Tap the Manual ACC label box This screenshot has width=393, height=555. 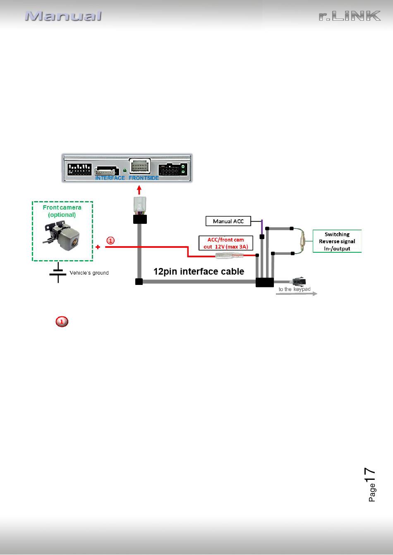228,221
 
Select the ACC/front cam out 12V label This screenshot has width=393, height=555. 226,243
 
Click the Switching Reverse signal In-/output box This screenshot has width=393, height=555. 337,241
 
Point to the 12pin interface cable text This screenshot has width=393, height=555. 199,271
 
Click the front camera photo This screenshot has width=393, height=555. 62,236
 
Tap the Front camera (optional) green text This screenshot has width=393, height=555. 62,211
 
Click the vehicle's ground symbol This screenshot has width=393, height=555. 58,273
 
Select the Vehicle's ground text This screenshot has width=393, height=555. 89,273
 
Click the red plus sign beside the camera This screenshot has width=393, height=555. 98,247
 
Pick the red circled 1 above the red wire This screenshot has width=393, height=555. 110,240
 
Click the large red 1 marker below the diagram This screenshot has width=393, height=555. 62,322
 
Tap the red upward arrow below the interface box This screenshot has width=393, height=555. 139,190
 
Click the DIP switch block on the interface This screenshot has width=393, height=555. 79,169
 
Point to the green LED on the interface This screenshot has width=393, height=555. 125,171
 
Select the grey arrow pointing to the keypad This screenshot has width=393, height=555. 297,294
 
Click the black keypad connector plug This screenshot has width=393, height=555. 299,282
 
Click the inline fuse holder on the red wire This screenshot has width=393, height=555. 229,256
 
